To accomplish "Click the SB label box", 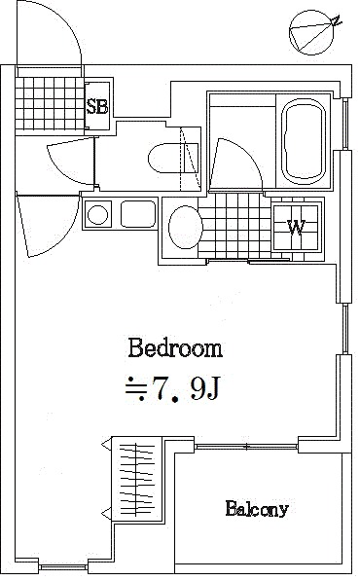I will click(x=98, y=106).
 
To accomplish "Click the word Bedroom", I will click(x=175, y=347).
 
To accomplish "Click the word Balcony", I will click(x=257, y=508).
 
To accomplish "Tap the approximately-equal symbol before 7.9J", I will click(x=136, y=390).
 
